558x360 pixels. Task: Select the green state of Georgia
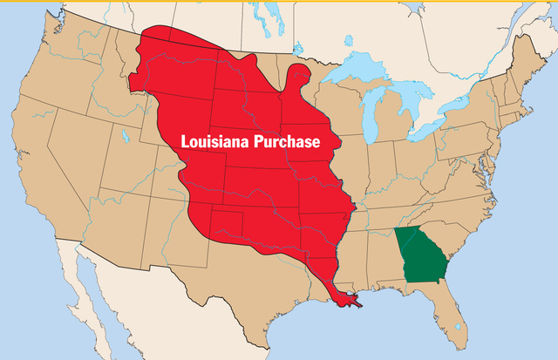(419, 255)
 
